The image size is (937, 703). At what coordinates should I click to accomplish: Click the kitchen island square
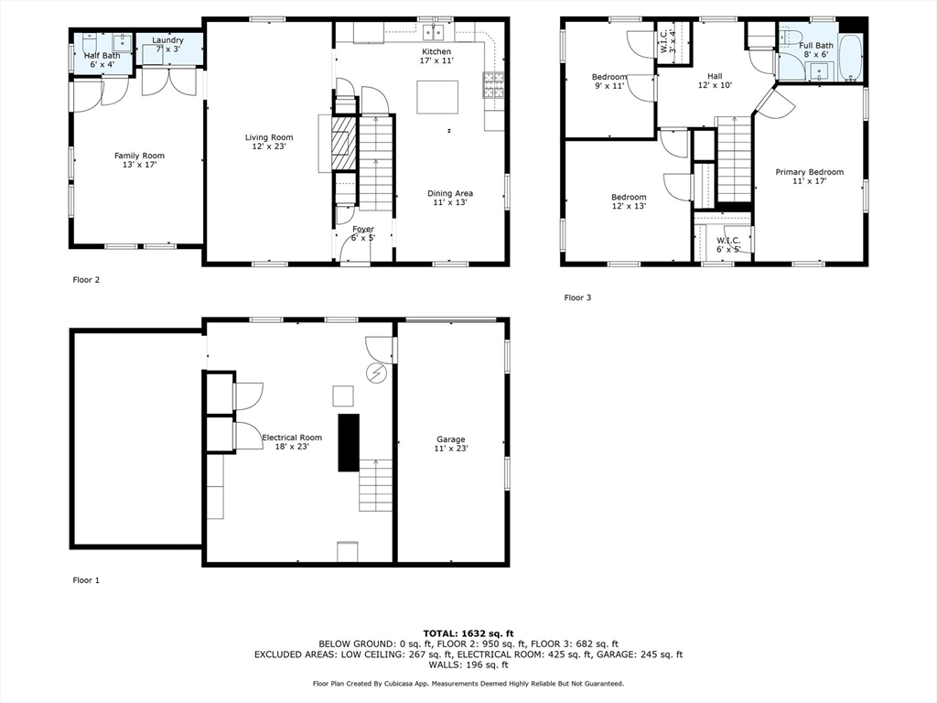pyautogui.click(x=437, y=97)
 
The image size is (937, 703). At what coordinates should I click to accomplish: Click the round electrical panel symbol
pyautogui.click(x=377, y=373)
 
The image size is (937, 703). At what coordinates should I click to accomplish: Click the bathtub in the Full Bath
pyautogui.click(x=850, y=58)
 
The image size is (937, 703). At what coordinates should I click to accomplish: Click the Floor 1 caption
pyautogui.click(x=86, y=580)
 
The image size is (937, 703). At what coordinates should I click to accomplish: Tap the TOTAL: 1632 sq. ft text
pyautogui.click(x=468, y=633)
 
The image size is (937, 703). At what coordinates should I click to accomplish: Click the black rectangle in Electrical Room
pyautogui.click(x=349, y=442)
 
